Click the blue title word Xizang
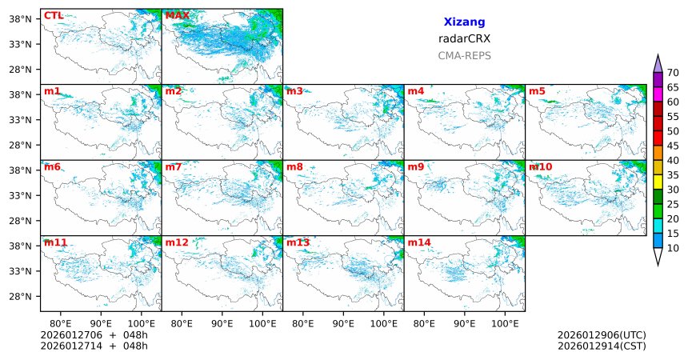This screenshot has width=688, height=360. (464, 22)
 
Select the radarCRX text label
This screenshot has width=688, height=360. (464, 38)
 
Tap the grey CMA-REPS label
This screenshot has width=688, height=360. (464, 56)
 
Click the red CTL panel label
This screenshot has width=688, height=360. (54, 15)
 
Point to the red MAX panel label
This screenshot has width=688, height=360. (177, 15)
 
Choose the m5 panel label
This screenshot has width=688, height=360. (536, 91)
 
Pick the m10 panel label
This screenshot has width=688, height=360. (540, 166)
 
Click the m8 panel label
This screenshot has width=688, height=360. (294, 166)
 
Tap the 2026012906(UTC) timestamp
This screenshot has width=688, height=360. (602, 334)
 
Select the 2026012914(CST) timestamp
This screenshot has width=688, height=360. (602, 346)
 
